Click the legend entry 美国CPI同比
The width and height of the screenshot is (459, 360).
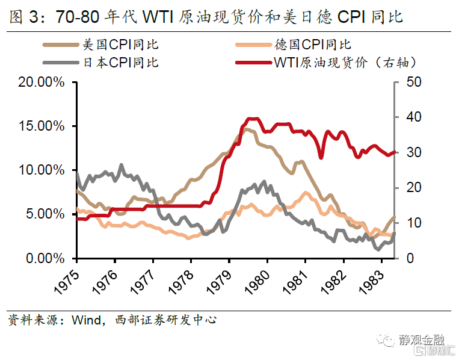coord(120,45)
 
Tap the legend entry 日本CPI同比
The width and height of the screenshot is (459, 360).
coord(120,61)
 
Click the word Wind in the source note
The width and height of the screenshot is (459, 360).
coord(85,320)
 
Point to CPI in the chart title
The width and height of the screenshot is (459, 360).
coord(354,17)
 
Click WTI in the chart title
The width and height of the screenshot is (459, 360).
coord(159,17)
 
